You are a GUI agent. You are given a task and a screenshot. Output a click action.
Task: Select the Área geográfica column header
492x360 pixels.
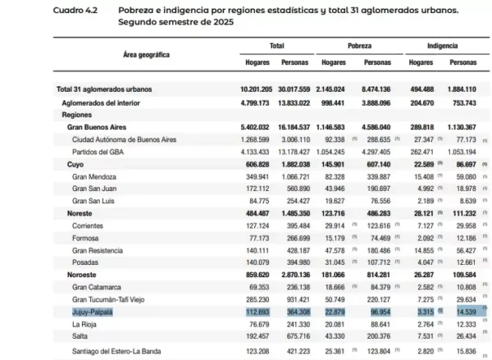tap(146, 53)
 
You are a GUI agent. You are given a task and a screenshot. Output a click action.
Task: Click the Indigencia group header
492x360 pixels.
tap(442, 47)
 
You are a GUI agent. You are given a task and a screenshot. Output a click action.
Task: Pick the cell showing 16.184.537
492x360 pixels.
tap(292, 127)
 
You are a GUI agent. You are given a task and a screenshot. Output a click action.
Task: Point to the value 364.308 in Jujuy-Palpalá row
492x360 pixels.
tap(294, 312)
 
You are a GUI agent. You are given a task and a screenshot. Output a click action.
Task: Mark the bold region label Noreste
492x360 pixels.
tap(80, 212)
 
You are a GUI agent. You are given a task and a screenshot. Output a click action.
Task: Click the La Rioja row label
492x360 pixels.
tap(88, 325)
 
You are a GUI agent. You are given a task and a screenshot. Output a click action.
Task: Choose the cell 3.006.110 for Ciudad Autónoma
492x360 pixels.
tap(294, 139)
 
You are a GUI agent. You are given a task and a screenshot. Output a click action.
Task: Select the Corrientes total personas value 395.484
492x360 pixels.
tap(294, 224)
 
